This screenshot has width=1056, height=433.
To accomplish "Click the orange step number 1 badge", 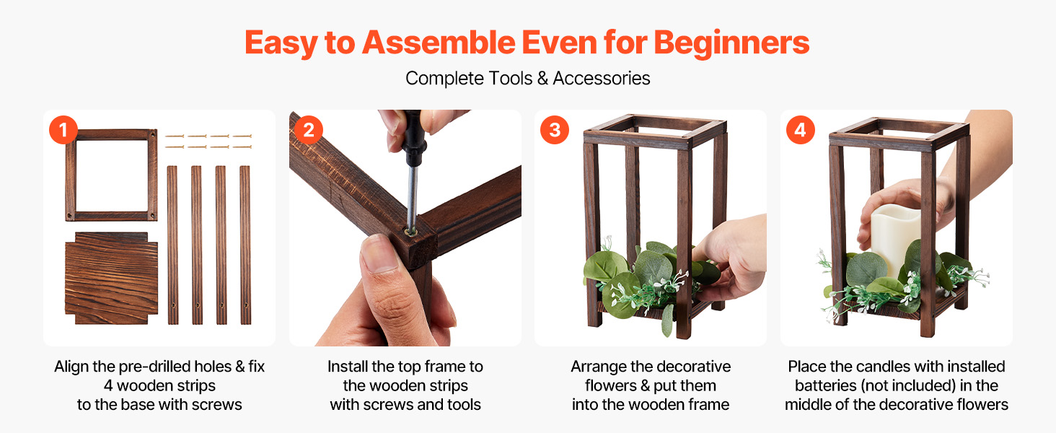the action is tap(63, 130).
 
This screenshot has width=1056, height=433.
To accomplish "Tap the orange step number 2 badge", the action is tap(309, 130).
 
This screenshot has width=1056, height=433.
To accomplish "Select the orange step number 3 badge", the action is tap(555, 130).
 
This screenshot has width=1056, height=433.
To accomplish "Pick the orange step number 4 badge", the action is tap(801, 130).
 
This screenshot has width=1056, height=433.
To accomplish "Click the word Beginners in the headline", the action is tap(731, 43).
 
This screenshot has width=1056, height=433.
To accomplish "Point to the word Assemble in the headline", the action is tap(439, 43).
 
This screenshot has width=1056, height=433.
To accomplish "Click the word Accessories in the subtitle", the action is tap(602, 78).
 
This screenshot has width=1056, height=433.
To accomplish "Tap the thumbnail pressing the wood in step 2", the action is tap(379, 254).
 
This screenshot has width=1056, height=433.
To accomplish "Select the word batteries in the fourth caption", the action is tap(825, 385).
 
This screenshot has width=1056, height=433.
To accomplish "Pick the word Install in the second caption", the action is tap(348, 367).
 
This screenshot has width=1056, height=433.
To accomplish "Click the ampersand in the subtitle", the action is tap(542, 78).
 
